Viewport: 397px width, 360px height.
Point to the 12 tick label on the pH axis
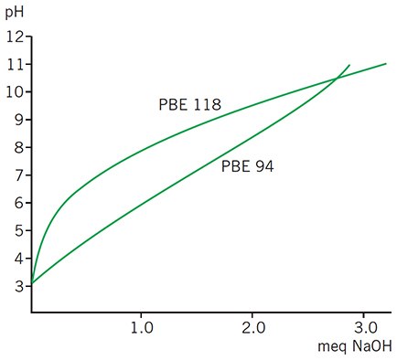tap(14, 37)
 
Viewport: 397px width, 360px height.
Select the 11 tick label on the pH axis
tap(14, 65)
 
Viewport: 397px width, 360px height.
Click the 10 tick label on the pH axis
tap(14, 92)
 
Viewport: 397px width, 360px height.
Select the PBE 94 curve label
tap(247, 166)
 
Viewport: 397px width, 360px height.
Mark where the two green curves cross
tap(336, 79)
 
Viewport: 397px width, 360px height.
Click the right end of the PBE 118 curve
tap(387, 64)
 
